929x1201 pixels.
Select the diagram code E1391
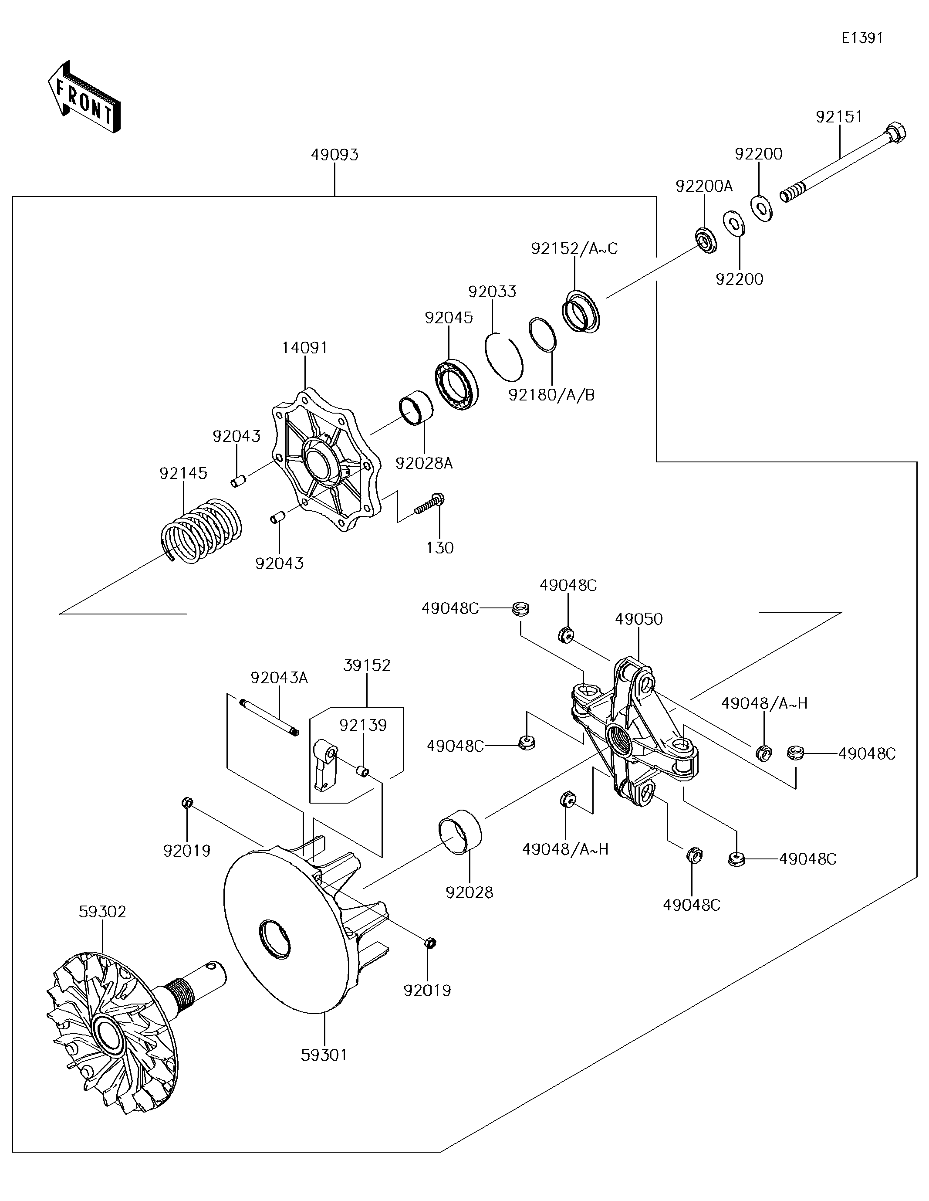click(x=862, y=37)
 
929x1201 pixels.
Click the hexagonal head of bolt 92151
click(x=895, y=134)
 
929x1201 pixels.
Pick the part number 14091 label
click(x=304, y=348)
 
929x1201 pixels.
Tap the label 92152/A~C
click(x=574, y=248)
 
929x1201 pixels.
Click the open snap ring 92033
click(x=503, y=357)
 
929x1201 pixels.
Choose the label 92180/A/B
click(x=551, y=395)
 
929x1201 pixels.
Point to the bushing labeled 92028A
click(x=416, y=408)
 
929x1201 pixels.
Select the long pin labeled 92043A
click(x=268, y=716)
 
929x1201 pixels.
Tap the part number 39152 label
click(x=367, y=665)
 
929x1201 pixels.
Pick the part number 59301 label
click(x=324, y=1055)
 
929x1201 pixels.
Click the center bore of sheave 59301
click(x=274, y=939)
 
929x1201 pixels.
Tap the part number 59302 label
click(x=102, y=912)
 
